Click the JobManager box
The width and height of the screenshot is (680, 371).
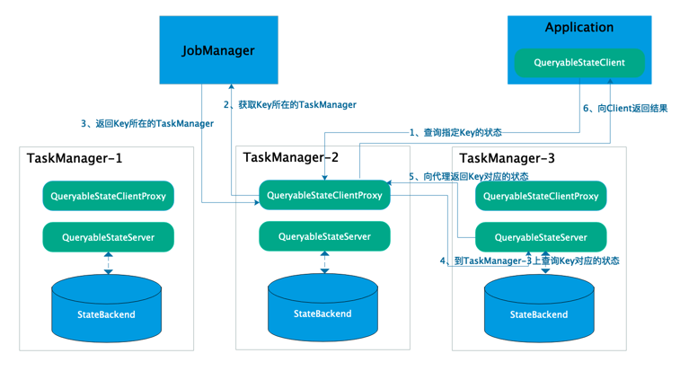point(218,50)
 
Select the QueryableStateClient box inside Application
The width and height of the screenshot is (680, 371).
point(578,62)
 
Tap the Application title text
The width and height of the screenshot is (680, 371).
point(578,28)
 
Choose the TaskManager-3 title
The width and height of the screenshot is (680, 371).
point(507,159)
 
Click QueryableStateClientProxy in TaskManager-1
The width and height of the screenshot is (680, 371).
point(108,196)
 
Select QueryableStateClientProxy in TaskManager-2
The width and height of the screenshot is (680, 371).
point(324,195)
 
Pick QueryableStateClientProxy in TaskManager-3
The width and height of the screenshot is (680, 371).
point(541,196)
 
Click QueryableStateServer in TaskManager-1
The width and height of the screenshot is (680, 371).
point(108,237)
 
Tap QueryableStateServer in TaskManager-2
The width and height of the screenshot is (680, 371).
point(324,236)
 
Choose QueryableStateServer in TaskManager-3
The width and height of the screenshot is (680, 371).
point(541,237)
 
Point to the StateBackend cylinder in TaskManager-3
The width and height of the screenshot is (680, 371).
point(539,307)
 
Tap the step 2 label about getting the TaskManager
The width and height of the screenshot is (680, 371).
point(290,105)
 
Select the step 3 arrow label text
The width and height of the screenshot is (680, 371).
point(147,123)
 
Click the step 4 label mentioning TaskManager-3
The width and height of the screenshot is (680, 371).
point(529,261)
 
